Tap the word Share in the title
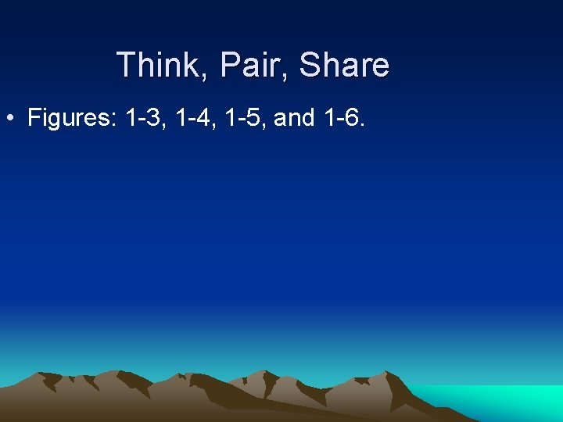[343, 64]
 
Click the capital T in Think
[125, 64]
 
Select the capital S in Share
[310, 64]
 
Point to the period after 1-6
[362, 125]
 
